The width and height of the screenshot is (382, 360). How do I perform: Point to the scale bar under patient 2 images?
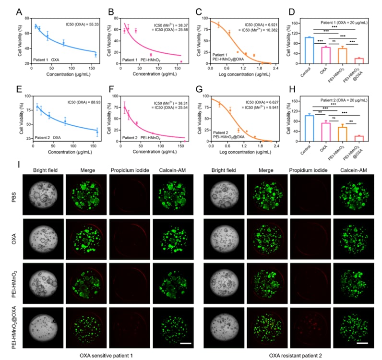[363, 342]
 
